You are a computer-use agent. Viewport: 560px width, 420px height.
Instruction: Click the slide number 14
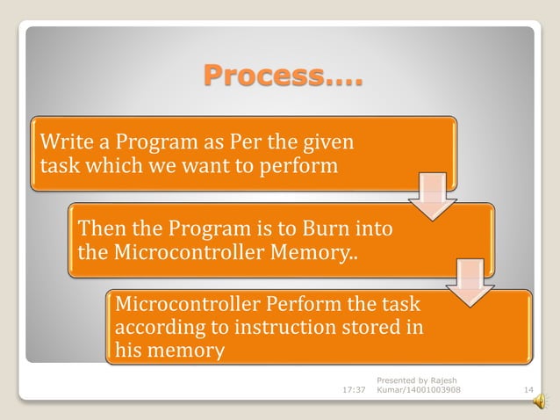pos(528,389)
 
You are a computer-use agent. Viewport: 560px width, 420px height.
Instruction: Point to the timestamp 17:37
pos(353,389)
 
